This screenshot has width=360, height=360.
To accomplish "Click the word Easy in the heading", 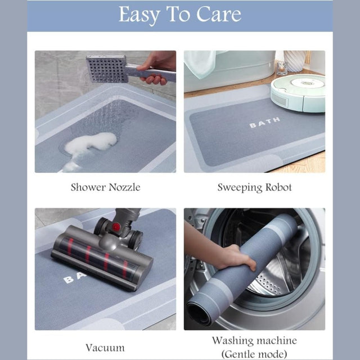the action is pyautogui.click(x=139, y=15).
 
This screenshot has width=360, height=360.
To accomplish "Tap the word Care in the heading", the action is pyautogui.click(x=219, y=14).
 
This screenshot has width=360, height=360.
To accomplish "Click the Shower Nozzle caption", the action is pyautogui.click(x=105, y=187).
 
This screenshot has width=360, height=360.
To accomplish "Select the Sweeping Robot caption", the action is pyautogui.click(x=254, y=187).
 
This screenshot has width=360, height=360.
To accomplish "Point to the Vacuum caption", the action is pyautogui.click(x=105, y=348).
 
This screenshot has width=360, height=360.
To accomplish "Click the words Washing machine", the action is pyautogui.click(x=254, y=340).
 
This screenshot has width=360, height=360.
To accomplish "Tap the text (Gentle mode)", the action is pyautogui.click(x=254, y=354).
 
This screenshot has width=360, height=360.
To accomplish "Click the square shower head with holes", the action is pyautogui.click(x=107, y=69).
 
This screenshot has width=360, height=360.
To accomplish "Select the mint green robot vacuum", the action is pyautogui.click(x=298, y=93).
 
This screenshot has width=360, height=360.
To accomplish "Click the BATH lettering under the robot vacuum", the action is pyautogui.click(x=265, y=123).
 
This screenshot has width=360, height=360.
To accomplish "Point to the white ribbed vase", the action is pyautogui.click(x=295, y=61).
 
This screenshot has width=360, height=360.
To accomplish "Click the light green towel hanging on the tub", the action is pyautogui.click(x=200, y=64).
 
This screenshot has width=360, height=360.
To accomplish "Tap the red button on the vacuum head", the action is pyautogui.click(x=116, y=227).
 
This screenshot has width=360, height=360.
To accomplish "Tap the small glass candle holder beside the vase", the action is pyautogui.click(x=281, y=68).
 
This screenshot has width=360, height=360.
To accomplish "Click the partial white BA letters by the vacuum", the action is pyautogui.click(x=74, y=278).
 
